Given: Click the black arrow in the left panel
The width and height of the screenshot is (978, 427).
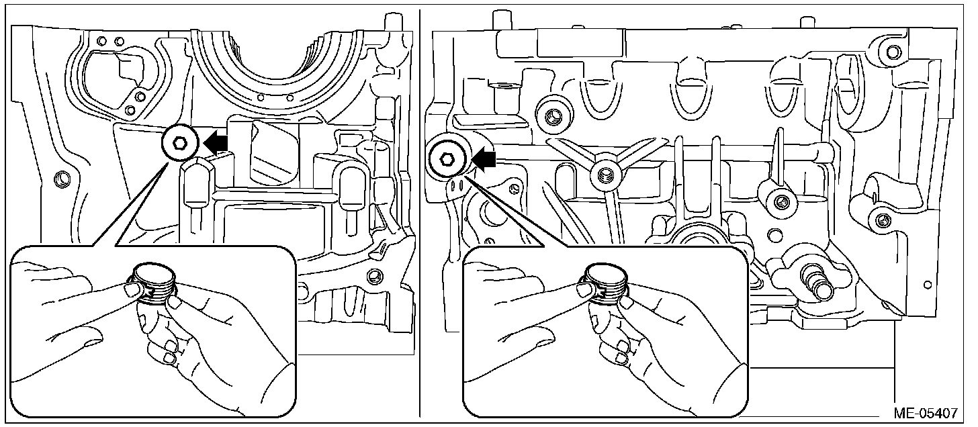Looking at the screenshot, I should tap(216, 142).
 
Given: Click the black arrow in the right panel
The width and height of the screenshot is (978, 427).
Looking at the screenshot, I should tap(484, 159).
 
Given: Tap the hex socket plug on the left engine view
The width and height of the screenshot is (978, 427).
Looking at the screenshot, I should tap(180, 142).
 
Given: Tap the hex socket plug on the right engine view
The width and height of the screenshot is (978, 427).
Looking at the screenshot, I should tap(446, 159).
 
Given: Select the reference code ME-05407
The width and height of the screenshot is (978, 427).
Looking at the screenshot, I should tap(930, 412).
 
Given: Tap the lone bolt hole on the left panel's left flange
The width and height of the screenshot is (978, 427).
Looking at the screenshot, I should tap(62, 179).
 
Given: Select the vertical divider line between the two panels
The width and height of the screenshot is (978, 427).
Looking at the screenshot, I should tap(420, 215).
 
